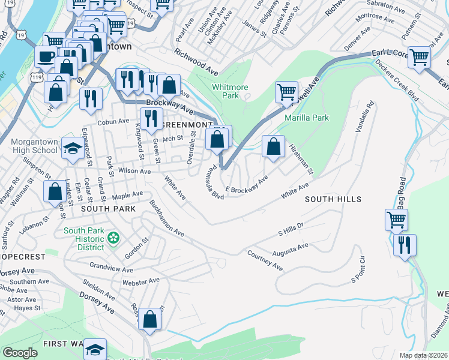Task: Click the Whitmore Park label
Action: point(230,91)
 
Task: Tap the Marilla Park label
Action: point(307,118)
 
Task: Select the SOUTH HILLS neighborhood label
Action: point(333,199)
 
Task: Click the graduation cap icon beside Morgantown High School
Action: point(73,148)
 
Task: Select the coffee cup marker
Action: point(45,57)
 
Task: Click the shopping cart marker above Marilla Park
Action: point(286,92)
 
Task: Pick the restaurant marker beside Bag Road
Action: point(405,245)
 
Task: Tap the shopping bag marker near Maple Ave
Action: point(55,191)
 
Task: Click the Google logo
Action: point(20,352)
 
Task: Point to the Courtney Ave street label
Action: point(265,260)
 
